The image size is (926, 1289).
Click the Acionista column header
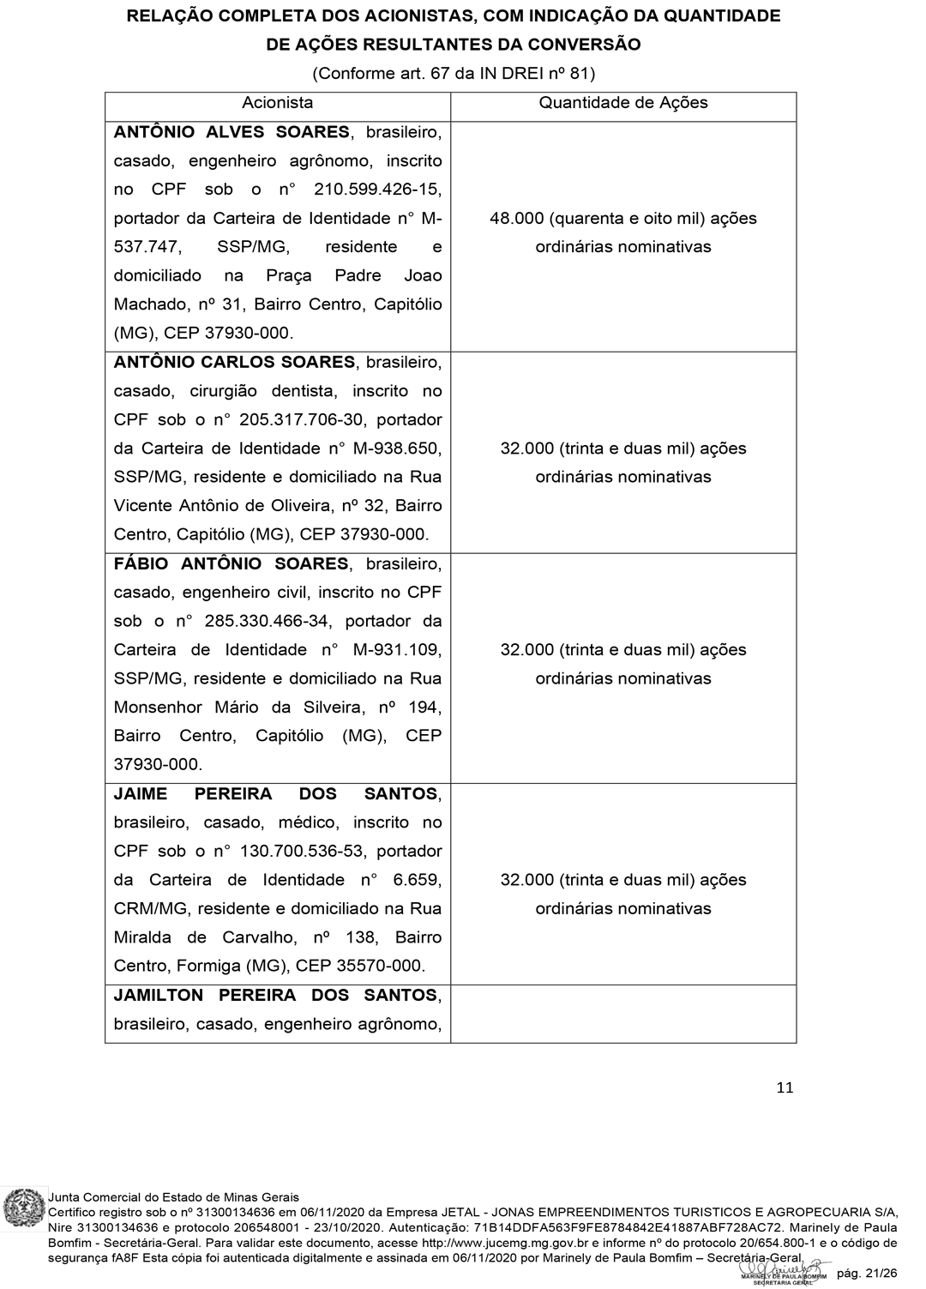[x=277, y=103]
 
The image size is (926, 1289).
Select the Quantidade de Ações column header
[x=623, y=103]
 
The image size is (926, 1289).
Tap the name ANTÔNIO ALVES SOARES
[x=231, y=132]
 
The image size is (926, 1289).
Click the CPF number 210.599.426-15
[x=380, y=190]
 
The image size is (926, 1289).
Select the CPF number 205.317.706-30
[x=295, y=420]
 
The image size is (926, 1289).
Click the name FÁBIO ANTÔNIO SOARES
[x=231, y=563]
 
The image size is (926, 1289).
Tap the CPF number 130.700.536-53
[x=295, y=852]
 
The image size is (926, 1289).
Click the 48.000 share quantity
[x=517, y=219]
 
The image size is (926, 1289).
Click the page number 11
[x=785, y=1088]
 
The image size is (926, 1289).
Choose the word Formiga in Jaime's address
[x=208, y=966]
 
